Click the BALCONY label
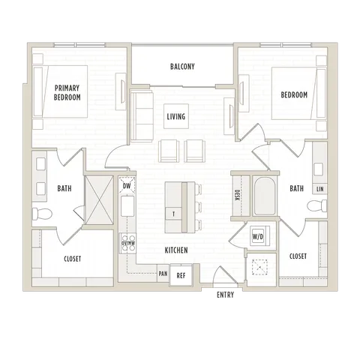click(182, 67)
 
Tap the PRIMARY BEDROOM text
click(67, 92)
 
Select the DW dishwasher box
click(127, 185)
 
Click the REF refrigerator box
click(181, 275)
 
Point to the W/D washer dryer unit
click(258, 236)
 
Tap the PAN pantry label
click(163, 274)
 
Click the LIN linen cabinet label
click(320, 189)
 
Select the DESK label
click(237, 195)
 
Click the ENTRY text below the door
click(225, 295)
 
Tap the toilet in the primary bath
click(42, 214)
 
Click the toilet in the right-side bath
click(316, 205)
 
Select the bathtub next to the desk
click(265, 196)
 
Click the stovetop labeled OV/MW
click(128, 243)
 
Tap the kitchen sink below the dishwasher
click(127, 206)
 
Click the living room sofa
click(142, 116)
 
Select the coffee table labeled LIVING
click(176, 116)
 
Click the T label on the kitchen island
click(173, 214)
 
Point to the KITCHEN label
click(176, 250)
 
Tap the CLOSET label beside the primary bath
click(73, 259)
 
